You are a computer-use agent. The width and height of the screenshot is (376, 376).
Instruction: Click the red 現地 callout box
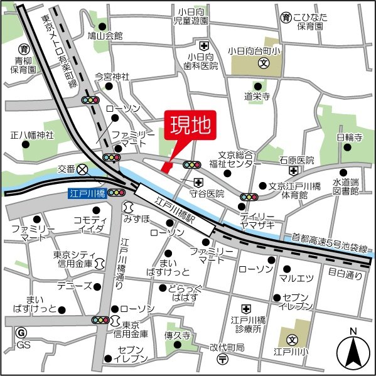[190, 126]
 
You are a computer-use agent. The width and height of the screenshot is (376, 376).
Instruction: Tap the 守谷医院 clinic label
[207, 194]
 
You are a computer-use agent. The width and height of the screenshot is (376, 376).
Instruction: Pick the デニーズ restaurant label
[70, 286]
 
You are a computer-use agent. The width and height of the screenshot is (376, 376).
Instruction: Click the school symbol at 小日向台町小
[264, 64]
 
